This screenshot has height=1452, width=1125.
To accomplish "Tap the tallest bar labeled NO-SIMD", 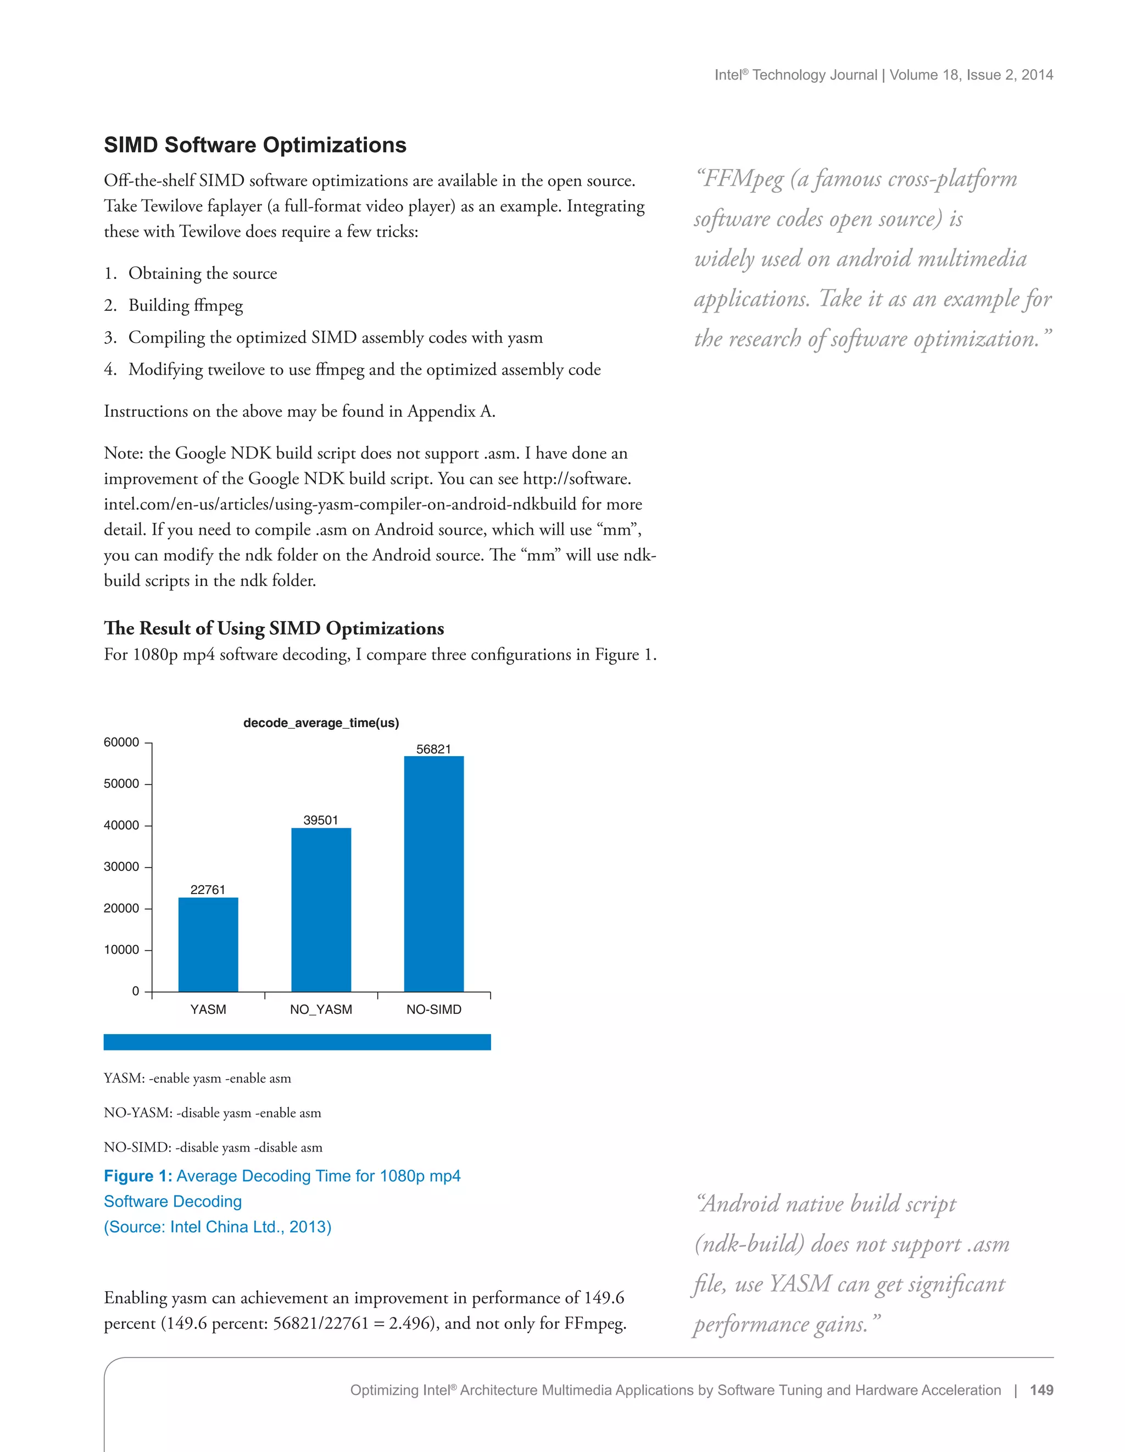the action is click(x=433, y=874).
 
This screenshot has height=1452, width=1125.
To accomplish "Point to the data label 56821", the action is click(x=433, y=749).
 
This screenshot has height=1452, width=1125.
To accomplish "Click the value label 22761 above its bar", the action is click(x=208, y=890).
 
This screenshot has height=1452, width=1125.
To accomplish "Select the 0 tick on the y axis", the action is click(x=136, y=991).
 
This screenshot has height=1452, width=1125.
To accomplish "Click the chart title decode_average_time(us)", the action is click(x=321, y=723).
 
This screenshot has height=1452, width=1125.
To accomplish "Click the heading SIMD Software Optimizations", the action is click(x=255, y=145).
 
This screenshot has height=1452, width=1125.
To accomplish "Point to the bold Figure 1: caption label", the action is click(x=138, y=1176).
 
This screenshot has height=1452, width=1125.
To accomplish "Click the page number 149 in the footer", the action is click(x=1041, y=1390).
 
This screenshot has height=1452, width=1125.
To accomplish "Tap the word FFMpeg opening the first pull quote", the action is click(x=743, y=179).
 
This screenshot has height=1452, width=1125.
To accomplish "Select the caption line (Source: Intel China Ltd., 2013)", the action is click(x=218, y=1227).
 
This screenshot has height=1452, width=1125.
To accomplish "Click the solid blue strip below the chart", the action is click(x=297, y=1042).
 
